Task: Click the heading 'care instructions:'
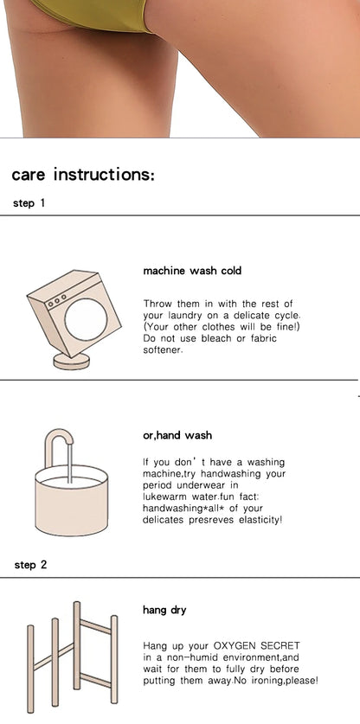pos(83,175)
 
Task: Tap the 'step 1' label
pos(29,202)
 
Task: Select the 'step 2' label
pos(30,565)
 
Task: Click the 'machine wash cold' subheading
pos(192,271)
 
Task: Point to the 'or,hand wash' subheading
pos(177,435)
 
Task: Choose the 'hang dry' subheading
pos(164,610)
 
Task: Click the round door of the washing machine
pos(86,319)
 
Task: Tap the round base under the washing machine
pos(72,361)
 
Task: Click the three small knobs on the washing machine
pos(57,298)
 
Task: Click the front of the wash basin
pos(72,508)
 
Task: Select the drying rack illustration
pos(72,657)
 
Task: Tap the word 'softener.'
pos(164,349)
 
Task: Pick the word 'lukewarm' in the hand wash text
pos(164,497)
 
